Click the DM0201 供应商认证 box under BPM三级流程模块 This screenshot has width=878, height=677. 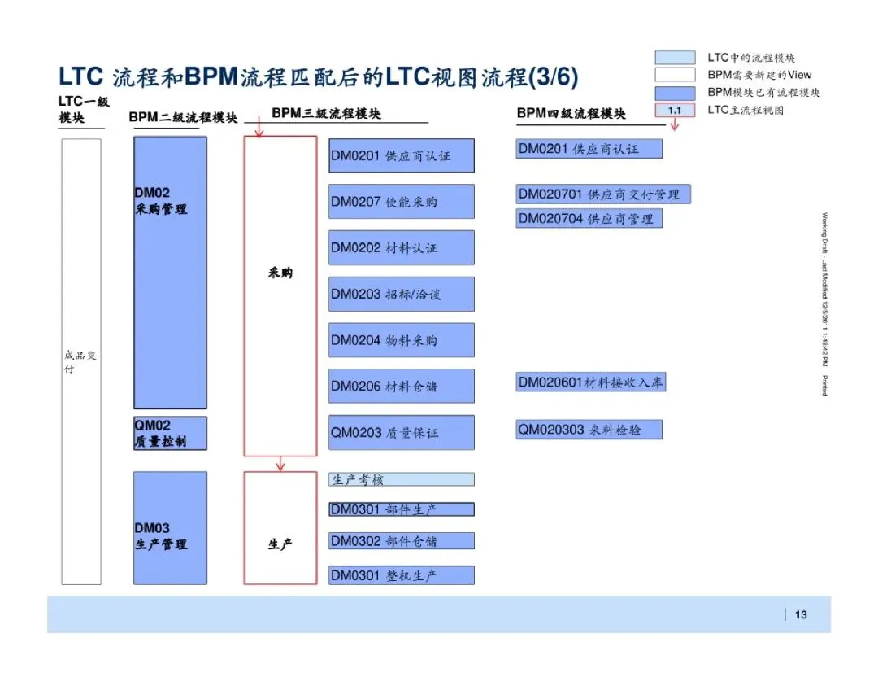point(401,155)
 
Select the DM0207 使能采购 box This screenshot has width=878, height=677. point(401,202)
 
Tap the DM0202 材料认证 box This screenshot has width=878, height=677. point(401,247)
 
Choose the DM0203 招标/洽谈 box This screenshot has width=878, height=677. point(401,294)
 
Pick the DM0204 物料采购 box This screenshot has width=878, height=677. point(401,340)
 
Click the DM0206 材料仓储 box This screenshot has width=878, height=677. point(401,386)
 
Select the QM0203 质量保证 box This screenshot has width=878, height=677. point(401,433)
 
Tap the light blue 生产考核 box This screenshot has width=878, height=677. point(401,479)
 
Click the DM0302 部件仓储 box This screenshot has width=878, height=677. point(401,541)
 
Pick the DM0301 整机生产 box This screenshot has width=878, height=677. point(401,575)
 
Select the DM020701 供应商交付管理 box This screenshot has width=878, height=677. point(602,194)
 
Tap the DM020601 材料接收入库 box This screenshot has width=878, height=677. point(591,382)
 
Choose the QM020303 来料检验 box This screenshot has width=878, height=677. point(589,429)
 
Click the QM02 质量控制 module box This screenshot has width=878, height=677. point(170,433)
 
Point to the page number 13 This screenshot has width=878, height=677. point(801,614)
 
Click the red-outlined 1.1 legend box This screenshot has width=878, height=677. point(675,110)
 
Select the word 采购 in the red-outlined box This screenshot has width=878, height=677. point(280,273)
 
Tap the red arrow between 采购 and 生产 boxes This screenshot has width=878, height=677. point(280,464)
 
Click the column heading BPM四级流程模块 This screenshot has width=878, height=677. point(572,114)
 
